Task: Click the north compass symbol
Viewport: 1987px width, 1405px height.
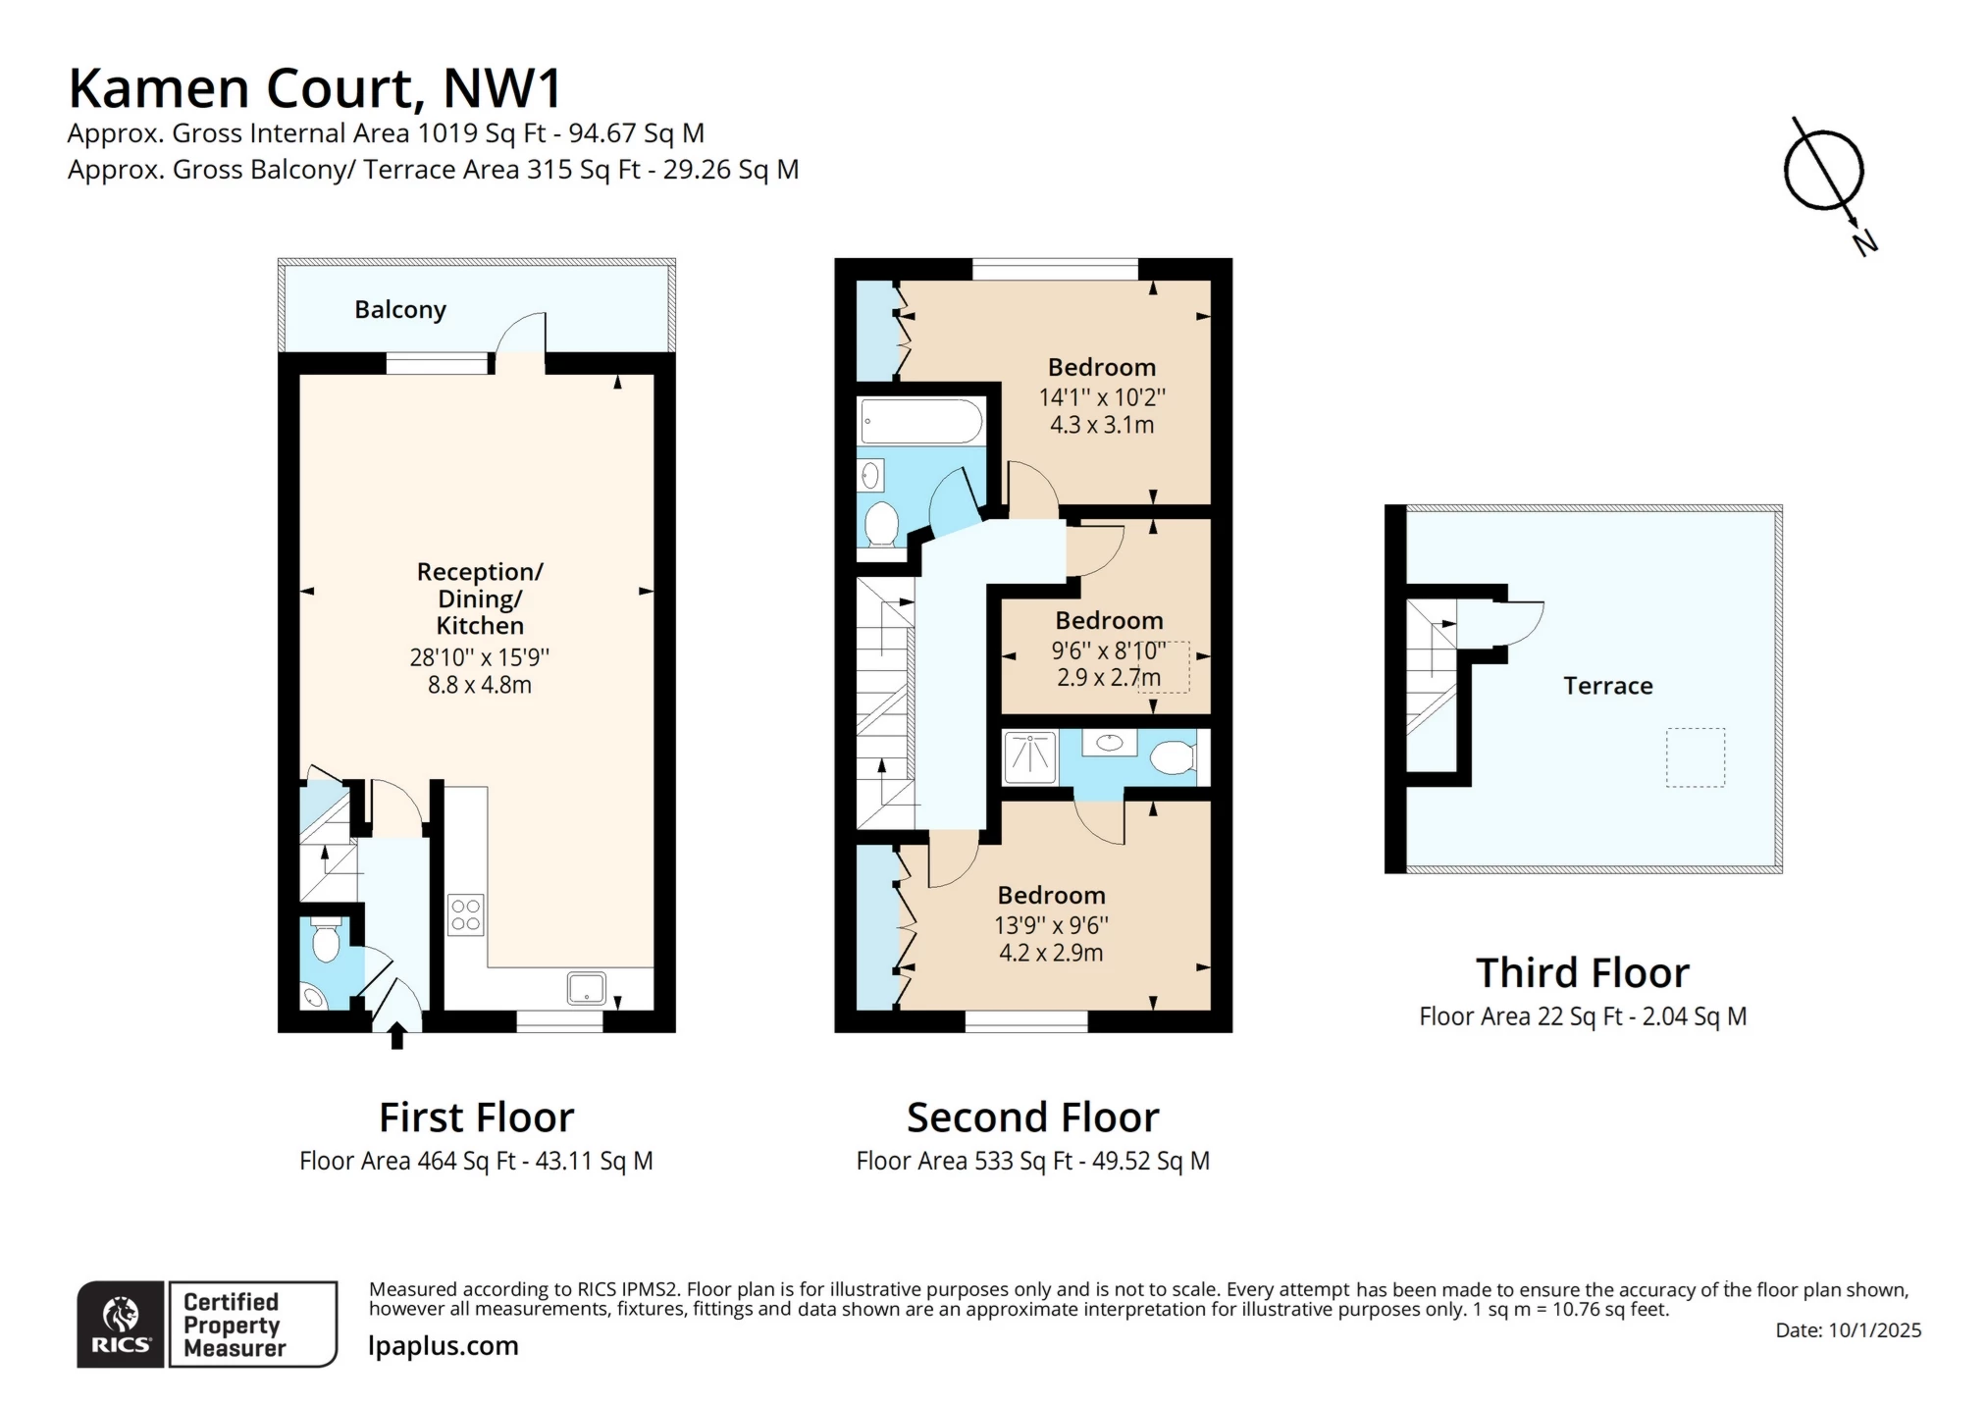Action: coord(1825,177)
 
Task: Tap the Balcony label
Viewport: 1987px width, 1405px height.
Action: coord(400,310)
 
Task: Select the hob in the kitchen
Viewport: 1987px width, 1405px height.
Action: coord(466,914)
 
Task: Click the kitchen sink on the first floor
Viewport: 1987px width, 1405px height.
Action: coord(586,988)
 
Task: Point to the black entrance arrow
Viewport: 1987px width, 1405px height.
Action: coord(397,1036)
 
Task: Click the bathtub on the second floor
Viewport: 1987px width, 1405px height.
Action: coord(920,422)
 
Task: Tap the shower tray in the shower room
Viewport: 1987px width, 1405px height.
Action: coord(1030,757)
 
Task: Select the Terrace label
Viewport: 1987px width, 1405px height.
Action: coord(1607,686)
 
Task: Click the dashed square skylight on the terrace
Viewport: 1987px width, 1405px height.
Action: coord(1695,757)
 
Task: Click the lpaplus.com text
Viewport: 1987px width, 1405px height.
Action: coord(444,1346)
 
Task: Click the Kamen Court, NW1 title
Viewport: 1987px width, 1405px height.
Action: coord(315,87)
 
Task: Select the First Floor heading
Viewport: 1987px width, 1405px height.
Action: coord(476,1118)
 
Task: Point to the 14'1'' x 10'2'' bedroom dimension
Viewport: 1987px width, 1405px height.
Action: coord(1102,397)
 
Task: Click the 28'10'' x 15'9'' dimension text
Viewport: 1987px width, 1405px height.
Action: coord(480,657)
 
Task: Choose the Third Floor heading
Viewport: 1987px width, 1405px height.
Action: coord(1583,973)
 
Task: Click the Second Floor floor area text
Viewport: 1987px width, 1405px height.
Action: coord(1033,1162)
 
